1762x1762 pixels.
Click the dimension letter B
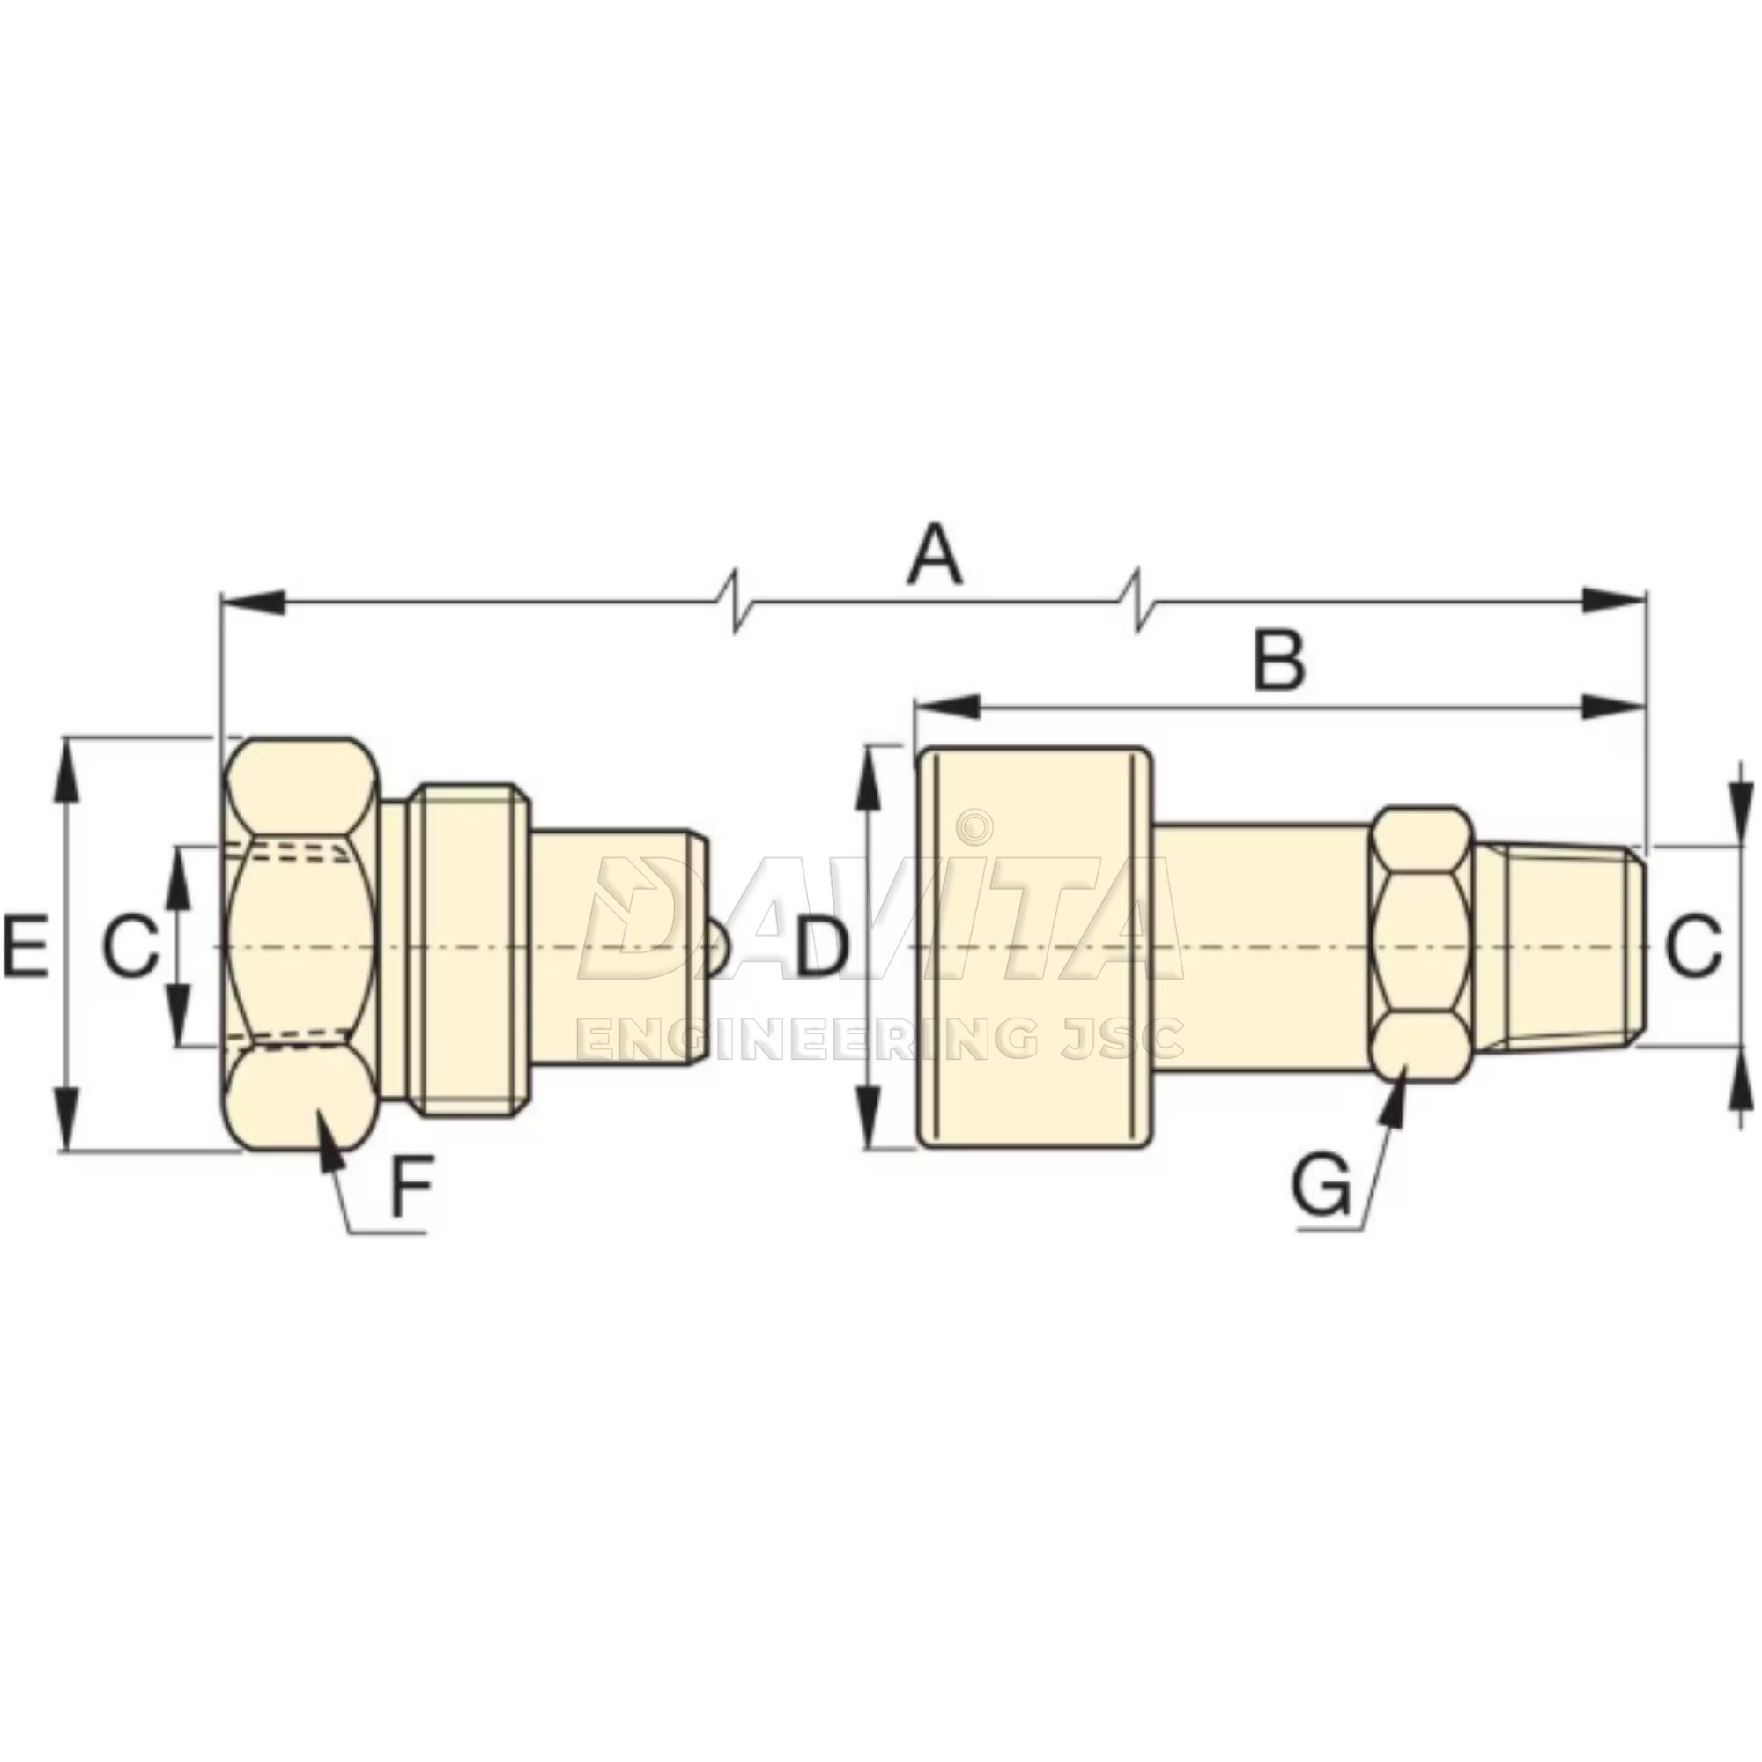[1279, 659]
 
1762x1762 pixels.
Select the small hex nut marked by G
[1423, 944]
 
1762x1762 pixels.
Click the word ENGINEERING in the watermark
[811, 1040]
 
